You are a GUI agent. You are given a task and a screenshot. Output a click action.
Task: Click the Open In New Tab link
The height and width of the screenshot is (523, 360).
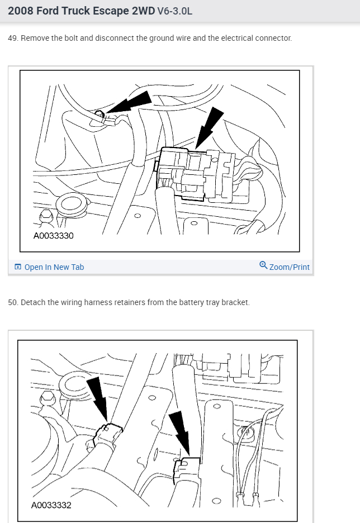[54, 267]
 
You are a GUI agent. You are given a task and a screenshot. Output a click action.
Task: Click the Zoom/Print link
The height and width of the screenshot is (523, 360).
[289, 267]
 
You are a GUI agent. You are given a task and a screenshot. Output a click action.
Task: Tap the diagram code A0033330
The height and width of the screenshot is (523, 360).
[53, 236]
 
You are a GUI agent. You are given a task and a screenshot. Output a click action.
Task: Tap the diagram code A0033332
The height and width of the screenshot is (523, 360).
[51, 506]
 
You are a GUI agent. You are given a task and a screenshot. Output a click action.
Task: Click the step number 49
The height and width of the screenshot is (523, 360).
[12, 39]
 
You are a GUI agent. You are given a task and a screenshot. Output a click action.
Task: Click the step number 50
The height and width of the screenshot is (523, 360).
[12, 302]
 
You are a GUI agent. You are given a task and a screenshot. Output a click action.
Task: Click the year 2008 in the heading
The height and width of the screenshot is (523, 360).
[21, 11]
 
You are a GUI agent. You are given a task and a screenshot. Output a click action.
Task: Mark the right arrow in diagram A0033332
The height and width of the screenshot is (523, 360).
[181, 430]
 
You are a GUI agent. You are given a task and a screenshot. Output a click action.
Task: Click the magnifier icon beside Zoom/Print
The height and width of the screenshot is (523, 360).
[263, 265]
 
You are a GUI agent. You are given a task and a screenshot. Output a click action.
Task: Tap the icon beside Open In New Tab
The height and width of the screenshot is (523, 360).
[18, 267]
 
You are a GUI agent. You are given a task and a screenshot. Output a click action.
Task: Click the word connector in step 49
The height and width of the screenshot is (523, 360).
[273, 39]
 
